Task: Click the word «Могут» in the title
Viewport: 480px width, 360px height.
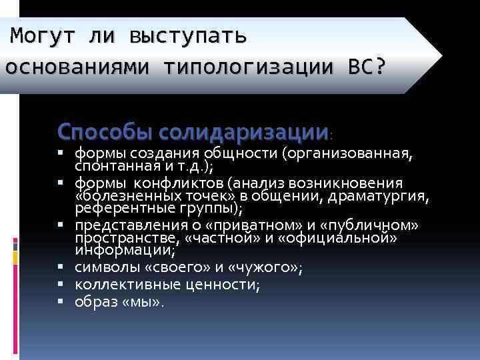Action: tap(41, 34)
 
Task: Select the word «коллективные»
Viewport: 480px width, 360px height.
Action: tap(117, 285)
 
